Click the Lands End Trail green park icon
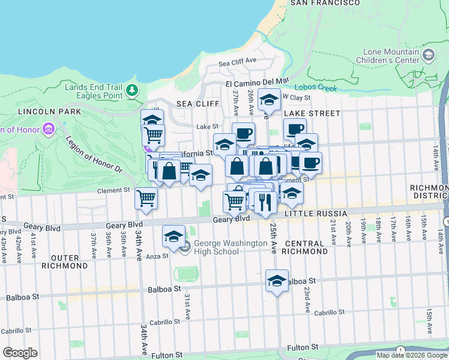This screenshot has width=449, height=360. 131,91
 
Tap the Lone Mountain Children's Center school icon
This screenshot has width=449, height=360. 429,55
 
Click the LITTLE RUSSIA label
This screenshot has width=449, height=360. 316,214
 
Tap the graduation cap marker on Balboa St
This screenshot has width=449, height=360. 277,281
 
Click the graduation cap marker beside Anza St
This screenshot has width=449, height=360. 173,236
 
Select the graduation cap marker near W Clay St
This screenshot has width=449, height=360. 268,100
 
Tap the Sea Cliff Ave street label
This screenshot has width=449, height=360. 237,62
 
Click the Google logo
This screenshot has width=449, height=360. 20,353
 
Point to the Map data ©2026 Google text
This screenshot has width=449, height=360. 411,355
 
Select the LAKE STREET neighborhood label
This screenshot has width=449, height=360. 312,113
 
